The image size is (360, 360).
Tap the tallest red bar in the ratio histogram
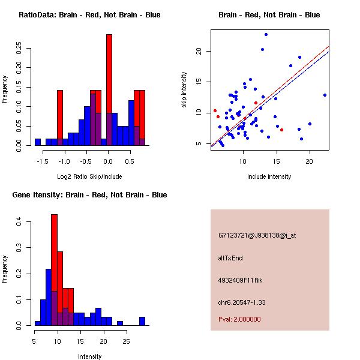tap(109, 90)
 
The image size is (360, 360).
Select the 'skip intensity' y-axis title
tap(184, 90)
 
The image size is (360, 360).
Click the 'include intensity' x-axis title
tap(269, 176)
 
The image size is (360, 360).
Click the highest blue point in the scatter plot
tap(266, 35)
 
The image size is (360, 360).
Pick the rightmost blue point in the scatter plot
tap(325, 95)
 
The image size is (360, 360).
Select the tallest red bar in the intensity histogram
tap(54, 269)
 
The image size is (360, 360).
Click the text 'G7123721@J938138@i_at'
tap(257, 235)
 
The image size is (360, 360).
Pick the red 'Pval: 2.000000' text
tap(239, 319)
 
